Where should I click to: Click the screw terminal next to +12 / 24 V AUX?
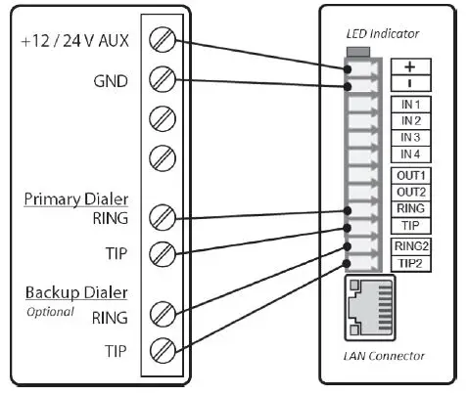[164, 41]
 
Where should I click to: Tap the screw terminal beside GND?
[164, 80]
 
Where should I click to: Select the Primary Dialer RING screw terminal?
[164, 216]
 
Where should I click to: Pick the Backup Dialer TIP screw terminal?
[164, 349]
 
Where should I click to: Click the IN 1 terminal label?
[410, 104]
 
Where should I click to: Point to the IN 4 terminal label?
[410, 154]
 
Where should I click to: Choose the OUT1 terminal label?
[410, 175]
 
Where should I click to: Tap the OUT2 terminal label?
[410, 192]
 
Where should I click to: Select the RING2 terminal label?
[411, 245]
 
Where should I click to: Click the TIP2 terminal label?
[411, 262]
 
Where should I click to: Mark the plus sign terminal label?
[410, 66]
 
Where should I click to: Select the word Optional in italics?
[50, 312]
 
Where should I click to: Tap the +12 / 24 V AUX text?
[74, 42]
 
